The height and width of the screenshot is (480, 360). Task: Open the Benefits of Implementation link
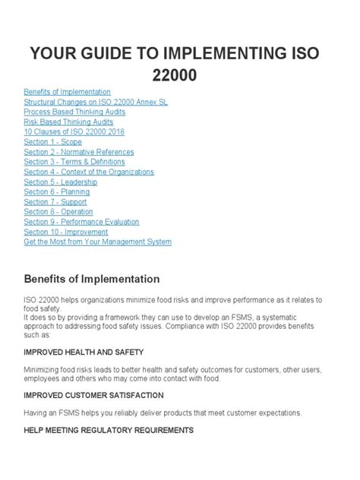coord(67,92)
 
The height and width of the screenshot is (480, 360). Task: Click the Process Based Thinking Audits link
coord(74,112)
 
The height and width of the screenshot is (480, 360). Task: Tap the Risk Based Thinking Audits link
coord(68,122)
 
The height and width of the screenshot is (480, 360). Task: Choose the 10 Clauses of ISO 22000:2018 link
coord(74,131)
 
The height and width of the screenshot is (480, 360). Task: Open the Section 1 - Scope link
coord(52,142)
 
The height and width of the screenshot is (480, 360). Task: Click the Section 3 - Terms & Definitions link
coord(74,162)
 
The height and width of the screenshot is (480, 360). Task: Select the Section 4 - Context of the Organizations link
coord(89,172)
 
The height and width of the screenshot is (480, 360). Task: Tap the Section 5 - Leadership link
coord(59,182)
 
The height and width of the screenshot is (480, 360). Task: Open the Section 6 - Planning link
coord(56,192)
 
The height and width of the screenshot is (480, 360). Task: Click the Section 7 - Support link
coord(55,202)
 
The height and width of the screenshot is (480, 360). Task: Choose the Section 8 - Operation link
coord(58,212)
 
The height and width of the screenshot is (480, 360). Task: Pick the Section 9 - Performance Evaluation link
coord(81,222)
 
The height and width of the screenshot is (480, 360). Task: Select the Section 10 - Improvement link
coord(66,232)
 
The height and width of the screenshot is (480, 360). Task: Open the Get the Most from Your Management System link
coord(97,242)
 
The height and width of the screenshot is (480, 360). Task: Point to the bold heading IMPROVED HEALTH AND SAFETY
coord(84,352)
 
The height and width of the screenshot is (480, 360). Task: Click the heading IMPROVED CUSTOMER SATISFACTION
coord(93,395)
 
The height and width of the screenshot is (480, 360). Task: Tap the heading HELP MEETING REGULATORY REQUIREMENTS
coord(109,430)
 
